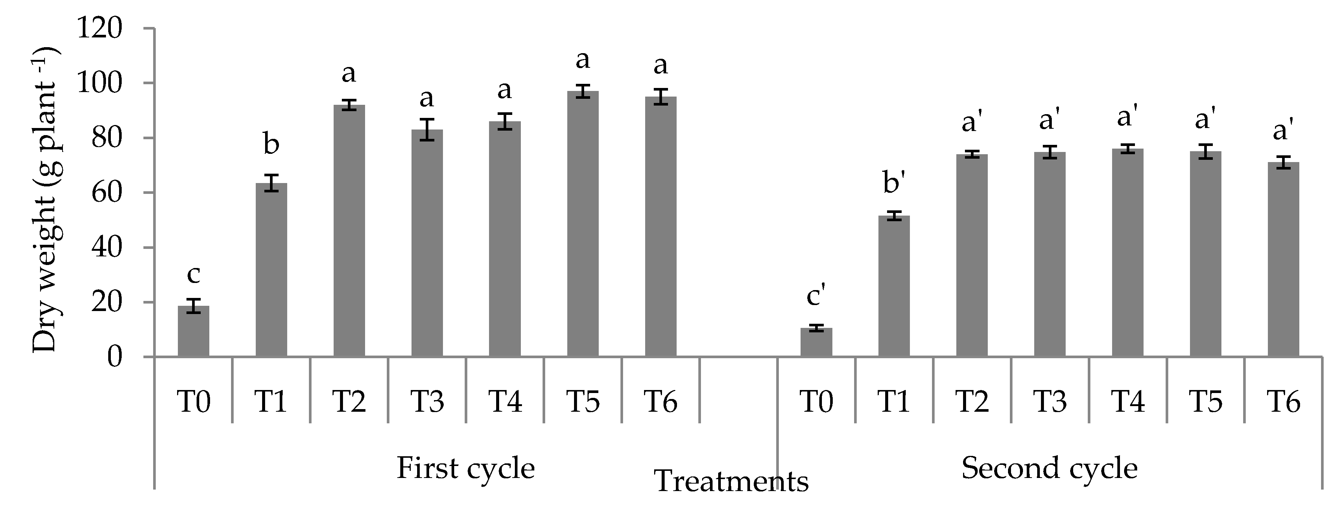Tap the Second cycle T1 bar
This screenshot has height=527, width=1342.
coord(894,286)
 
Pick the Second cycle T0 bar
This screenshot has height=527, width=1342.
coord(816,342)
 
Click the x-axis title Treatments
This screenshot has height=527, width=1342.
coord(731,481)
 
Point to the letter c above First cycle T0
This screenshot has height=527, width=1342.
coord(193,274)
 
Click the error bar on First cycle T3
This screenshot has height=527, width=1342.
coord(427,129)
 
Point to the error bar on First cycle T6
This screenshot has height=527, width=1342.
coord(661,96)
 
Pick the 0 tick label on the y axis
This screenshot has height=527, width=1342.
coord(115,357)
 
